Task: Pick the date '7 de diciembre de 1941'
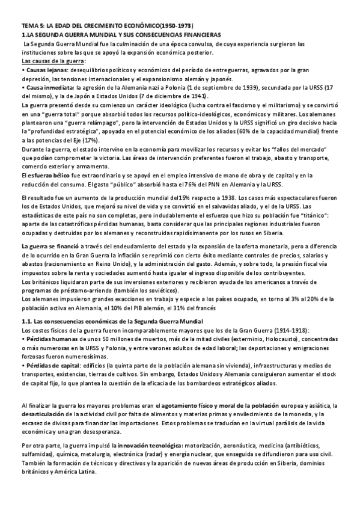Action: pos(177,96)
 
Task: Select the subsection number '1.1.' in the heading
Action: pos(26,322)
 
